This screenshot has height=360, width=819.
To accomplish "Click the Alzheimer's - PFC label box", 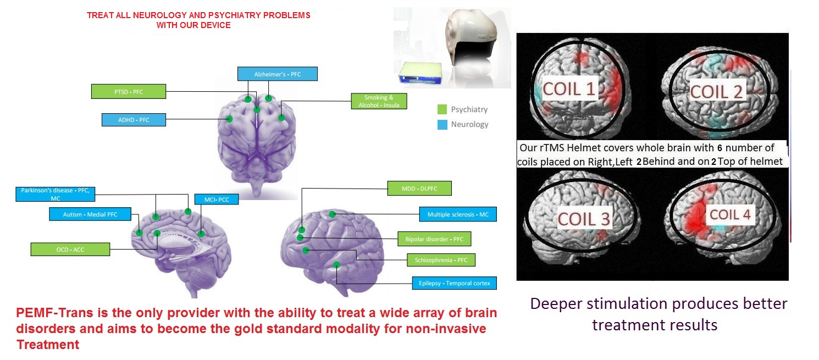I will [278, 74].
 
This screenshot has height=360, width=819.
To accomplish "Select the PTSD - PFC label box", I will [129, 91].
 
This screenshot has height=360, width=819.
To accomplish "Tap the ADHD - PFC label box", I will [134, 119].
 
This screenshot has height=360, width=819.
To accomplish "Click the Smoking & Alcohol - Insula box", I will [378, 101].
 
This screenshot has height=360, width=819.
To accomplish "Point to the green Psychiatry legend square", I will [442, 109].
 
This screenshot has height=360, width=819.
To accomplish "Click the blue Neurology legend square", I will [442, 124].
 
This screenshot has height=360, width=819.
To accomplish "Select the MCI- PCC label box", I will [216, 198].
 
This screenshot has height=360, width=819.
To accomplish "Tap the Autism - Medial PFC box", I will [91, 214].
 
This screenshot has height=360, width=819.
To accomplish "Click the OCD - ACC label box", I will [70, 249].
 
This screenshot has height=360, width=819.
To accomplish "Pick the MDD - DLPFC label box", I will [419, 188].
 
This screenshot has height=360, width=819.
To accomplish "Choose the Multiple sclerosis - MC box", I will [457, 214].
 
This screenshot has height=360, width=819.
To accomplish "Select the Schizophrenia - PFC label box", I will [440, 259].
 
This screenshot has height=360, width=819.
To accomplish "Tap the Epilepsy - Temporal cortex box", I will [454, 284].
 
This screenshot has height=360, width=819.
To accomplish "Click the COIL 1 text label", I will [569, 88].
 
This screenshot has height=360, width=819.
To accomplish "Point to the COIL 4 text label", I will [729, 214].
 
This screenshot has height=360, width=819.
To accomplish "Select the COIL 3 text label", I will [584, 218].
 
